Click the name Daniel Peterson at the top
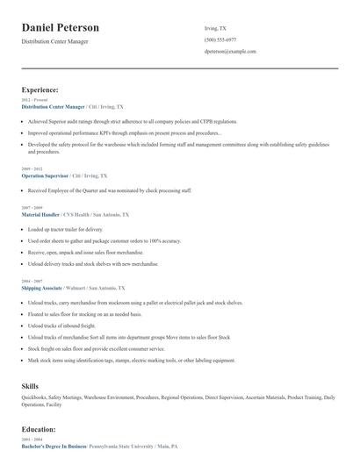coord(61,28)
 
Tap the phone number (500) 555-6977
coord(220,39)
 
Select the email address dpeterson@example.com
coord(230,52)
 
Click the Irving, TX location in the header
coord(215,28)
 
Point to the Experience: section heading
coord(40,89)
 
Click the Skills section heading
coord(30,385)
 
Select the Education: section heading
coord(39,429)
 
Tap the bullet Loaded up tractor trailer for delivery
coord(65,229)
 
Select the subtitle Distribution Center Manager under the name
coord(54,41)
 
